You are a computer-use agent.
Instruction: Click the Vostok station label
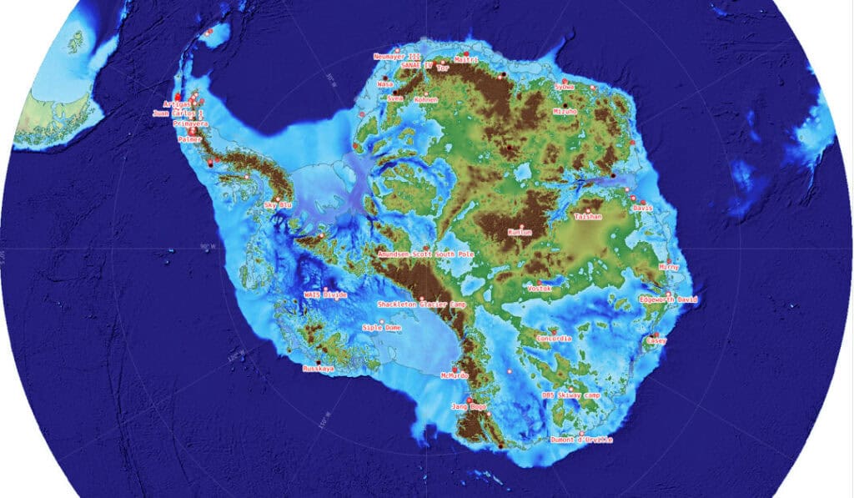[540, 289]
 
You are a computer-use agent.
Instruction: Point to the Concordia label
[554, 340]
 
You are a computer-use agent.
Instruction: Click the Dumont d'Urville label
[581, 440]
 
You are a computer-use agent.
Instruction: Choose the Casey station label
[657, 341]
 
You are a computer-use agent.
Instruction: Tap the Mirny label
[668, 267]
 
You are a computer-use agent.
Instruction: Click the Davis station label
[642, 207]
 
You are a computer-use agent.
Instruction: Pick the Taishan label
[588, 216]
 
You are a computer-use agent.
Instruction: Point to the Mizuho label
[565, 111]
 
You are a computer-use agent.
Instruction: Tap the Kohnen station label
[425, 100]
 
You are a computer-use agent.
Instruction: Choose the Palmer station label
[190, 140]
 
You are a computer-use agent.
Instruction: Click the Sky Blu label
[278, 204]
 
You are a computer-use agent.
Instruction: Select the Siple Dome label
[382, 328]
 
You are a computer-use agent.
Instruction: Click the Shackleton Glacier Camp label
[421, 305]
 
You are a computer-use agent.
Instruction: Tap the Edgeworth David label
[666, 299]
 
